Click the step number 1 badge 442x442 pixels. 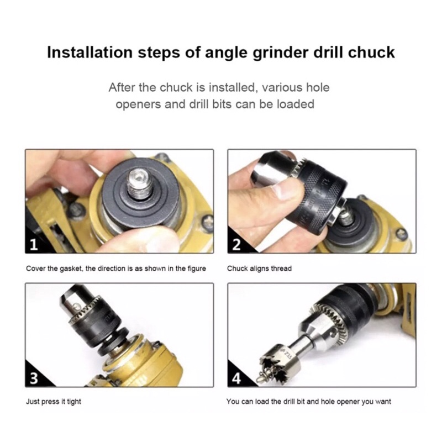tap(34, 245)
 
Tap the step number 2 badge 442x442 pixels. tap(236, 245)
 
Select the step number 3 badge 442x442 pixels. tap(34, 378)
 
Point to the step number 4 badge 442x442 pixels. tap(236, 378)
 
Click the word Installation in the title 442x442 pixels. tap(90, 52)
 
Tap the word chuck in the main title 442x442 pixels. tap(371, 52)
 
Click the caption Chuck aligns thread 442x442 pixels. tap(259, 269)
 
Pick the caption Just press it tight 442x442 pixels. tap(54, 402)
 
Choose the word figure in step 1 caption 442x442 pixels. tap(197, 269)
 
